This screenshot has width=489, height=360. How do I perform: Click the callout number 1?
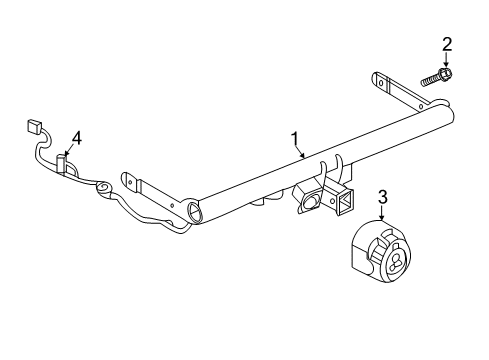pos(295,139)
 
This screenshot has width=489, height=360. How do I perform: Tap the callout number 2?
pos(447,44)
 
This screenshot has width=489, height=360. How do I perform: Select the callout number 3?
pos(383,197)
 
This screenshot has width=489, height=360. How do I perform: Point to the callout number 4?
pos(77,138)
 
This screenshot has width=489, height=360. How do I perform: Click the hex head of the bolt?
pos(445,73)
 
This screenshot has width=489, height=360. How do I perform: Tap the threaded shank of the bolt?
pos(430,80)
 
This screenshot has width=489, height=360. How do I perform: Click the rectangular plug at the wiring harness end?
pos(34,126)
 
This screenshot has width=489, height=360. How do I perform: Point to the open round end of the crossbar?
pos(195,212)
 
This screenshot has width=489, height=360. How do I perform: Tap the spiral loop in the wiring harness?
pos(104,188)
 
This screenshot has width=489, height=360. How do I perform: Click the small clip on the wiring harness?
pos(62,164)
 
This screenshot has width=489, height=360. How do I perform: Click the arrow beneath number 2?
pos(446,60)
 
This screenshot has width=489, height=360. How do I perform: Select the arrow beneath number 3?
pos(382,213)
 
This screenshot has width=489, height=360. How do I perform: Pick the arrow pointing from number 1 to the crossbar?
pos(299,152)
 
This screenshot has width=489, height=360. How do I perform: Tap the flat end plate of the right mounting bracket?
pos(380,82)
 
